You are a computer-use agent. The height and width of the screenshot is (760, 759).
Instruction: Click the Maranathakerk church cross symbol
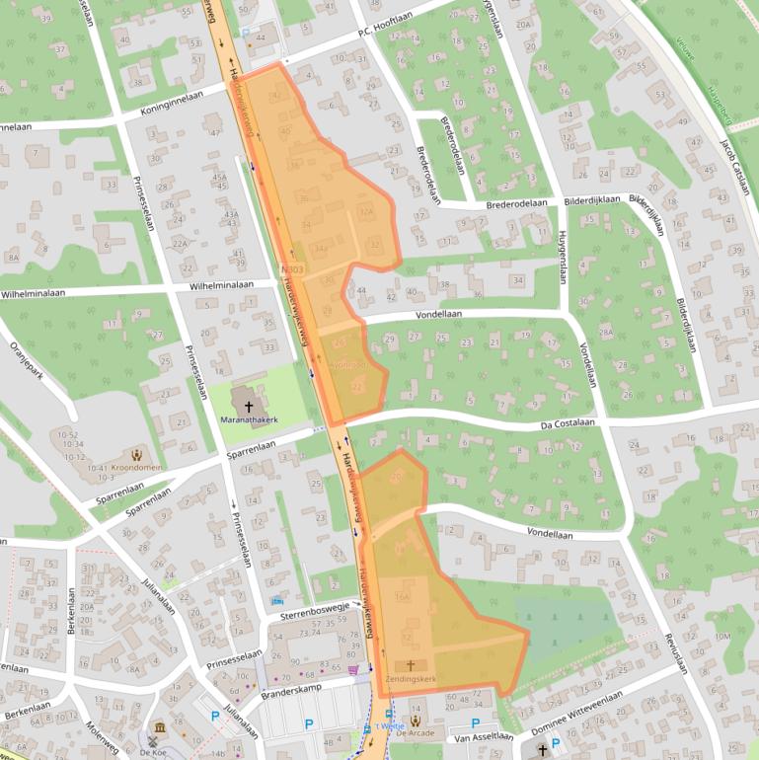coord(248,406)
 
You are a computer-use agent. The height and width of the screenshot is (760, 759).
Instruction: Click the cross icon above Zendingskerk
coord(410,666)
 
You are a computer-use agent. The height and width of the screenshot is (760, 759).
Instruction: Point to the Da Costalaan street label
coord(570,425)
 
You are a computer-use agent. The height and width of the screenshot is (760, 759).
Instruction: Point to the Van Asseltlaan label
coord(484,735)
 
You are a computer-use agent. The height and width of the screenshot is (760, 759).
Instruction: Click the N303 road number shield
coord(290,268)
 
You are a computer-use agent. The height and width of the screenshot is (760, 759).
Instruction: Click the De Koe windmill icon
coord(154,739)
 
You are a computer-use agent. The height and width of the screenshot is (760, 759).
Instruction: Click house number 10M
coord(723,637)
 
